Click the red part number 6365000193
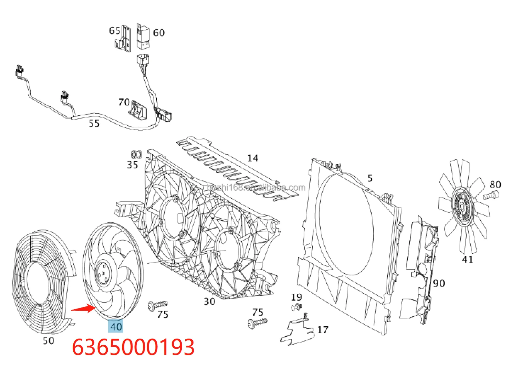click(133, 347)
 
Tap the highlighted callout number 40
click(116, 326)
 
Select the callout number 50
click(49, 341)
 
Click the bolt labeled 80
click(490, 195)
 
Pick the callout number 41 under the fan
click(467, 260)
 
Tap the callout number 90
click(439, 283)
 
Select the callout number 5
click(370, 178)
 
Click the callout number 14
click(253, 158)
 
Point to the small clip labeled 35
click(136, 154)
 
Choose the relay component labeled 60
click(143, 37)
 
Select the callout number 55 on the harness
click(94, 123)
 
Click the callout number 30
click(209, 301)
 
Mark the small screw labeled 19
click(296, 307)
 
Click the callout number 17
click(322, 330)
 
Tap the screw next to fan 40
click(158, 304)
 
